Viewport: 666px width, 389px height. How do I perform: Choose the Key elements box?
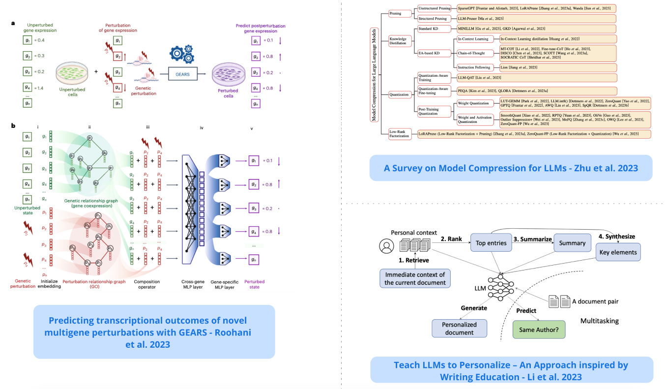617,252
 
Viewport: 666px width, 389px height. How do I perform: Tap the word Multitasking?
599,321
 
